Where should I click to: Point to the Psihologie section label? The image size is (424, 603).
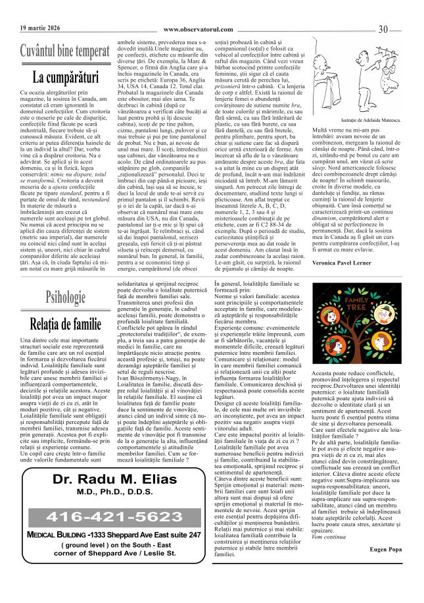[x=65, y=297]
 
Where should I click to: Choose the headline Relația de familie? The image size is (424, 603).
[x=65, y=323]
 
